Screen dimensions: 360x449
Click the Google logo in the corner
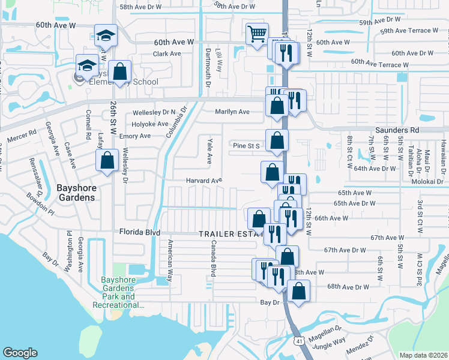point(20,353)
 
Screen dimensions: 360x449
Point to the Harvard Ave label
point(203,180)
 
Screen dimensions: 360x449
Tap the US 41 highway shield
point(298,341)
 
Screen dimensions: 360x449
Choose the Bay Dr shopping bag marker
point(298,292)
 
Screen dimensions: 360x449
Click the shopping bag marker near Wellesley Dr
point(107,160)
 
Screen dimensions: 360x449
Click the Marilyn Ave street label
point(232,112)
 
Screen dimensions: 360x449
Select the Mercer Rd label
point(22,134)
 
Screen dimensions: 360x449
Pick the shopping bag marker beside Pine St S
point(277,141)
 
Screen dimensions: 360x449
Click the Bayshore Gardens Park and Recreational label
point(119,292)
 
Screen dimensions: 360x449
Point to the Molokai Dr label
point(428,181)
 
